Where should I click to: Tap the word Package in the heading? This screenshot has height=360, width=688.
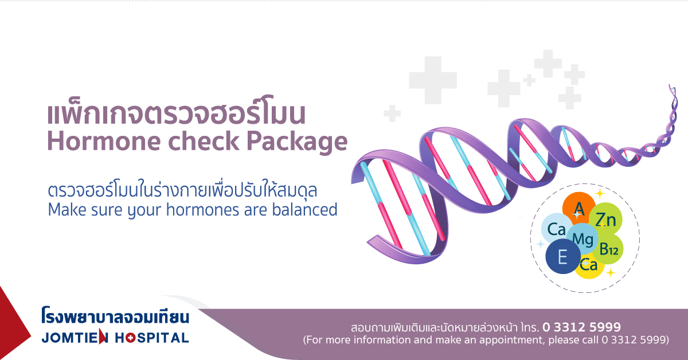(x=297, y=143)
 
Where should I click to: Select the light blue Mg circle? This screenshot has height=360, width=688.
(x=583, y=239)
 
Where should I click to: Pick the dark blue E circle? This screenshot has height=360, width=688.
(x=563, y=256)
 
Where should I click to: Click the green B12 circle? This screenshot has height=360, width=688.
(x=608, y=249)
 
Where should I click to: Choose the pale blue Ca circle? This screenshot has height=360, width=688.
(x=556, y=229)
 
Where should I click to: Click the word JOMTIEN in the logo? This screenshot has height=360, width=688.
(x=75, y=338)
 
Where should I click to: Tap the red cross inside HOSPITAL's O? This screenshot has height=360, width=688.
(x=131, y=338)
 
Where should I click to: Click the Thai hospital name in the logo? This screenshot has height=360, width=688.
(x=115, y=316)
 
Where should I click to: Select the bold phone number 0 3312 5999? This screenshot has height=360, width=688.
(x=581, y=327)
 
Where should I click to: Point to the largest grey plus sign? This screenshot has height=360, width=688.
(x=433, y=80)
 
